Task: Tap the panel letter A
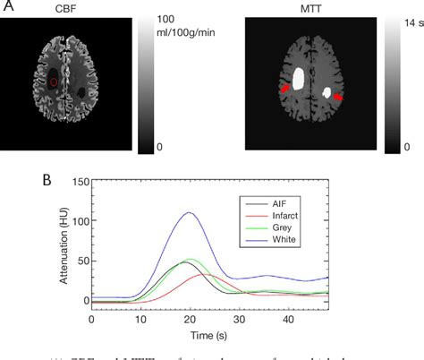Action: (x=8, y=8)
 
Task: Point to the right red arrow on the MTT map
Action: (x=338, y=95)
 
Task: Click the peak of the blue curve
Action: (x=188, y=212)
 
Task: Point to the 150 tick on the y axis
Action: (x=79, y=182)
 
